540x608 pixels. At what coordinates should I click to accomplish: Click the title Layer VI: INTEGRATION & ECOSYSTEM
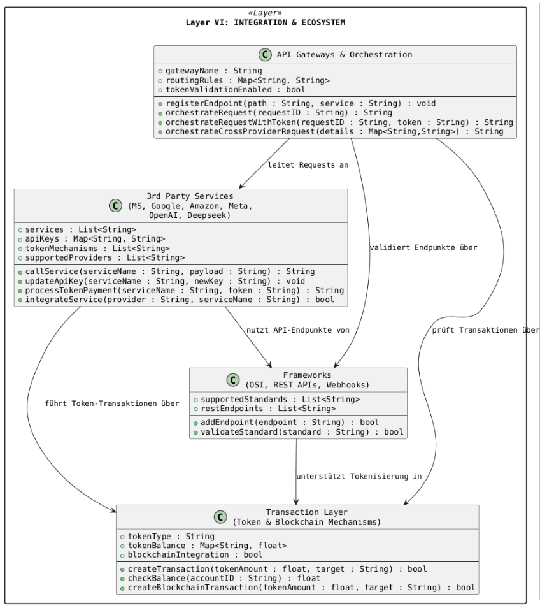266,22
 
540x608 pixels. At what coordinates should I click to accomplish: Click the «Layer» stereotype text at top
266,13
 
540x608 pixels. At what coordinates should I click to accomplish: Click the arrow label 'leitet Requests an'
308,165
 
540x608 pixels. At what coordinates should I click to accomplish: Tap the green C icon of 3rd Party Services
115,205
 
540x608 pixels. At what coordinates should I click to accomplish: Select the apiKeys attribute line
95,238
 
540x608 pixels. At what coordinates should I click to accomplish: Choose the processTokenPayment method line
175,291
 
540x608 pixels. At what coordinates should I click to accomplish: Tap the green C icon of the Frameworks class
234,380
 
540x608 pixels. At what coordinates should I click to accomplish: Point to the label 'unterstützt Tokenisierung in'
359,476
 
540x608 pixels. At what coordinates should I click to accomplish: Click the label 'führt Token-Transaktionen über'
112,403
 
